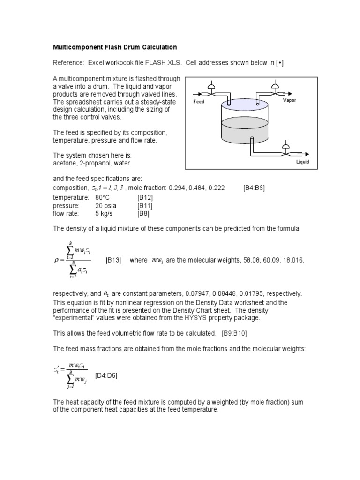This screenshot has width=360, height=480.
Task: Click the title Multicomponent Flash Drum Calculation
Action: pos(114,47)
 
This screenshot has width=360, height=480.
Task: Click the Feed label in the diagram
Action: pos(199,102)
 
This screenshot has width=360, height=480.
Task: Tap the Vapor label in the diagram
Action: pos(289,100)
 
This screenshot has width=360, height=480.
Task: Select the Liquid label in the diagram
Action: pos(302,162)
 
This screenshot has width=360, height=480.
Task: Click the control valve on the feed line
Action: pos(211,89)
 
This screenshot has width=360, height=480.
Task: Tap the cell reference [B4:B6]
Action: pos(254,188)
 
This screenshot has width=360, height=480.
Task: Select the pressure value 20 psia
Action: pos(106,205)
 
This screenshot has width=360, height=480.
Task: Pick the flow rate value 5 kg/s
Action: pos(104,213)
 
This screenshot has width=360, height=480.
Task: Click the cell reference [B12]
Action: pos(144,198)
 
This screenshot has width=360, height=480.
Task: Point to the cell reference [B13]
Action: pos(113,260)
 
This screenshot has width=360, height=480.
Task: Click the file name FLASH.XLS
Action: pos(158,63)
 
